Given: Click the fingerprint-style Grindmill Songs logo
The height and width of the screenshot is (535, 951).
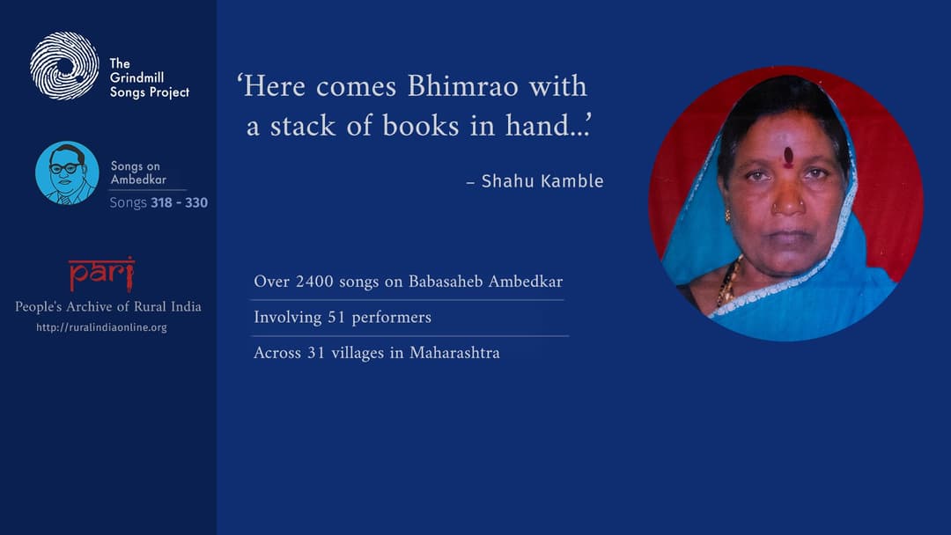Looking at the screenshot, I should [64, 66].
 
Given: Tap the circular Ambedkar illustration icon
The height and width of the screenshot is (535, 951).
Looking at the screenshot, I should [67, 172].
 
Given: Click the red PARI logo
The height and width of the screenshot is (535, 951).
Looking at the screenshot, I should [101, 274].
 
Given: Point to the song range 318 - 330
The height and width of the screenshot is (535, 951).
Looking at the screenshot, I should [179, 203].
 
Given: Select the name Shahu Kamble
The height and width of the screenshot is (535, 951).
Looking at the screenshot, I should [542, 182].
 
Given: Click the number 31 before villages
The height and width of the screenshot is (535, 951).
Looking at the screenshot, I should [317, 353].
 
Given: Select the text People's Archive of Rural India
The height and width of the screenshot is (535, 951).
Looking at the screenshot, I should [108, 307].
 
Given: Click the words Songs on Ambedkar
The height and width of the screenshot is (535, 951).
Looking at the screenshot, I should [138, 172].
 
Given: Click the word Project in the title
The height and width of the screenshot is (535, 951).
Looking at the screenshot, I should [170, 92].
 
